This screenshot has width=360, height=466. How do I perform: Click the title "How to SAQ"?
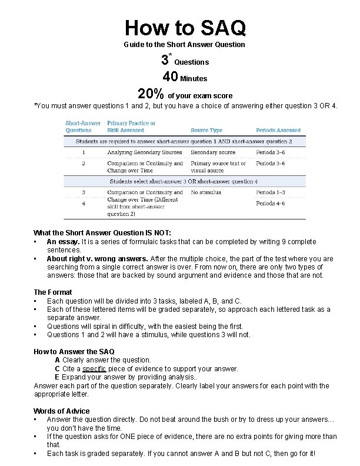click(x=185, y=27)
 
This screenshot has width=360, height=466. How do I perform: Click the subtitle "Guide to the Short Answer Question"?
click(x=184, y=45)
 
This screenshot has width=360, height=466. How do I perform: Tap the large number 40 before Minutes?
click(x=171, y=77)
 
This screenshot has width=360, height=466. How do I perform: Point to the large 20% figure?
click(x=151, y=95)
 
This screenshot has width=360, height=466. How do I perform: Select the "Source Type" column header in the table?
click(x=206, y=130)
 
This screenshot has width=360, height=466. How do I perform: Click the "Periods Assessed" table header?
click(x=278, y=130)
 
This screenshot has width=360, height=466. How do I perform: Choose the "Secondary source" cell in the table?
click(x=213, y=152)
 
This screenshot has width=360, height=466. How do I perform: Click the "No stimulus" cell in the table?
click(x=204, y=192)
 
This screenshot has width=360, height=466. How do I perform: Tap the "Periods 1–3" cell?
click(x=271, y=192)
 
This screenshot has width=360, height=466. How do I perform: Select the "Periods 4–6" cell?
click(x=271, y=204)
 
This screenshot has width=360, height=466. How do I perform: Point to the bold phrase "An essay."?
click(x=63, y=242)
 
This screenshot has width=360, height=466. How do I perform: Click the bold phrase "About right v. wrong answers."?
click(x=98, y=258)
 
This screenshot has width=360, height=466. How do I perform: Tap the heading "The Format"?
click(x=53, y=292)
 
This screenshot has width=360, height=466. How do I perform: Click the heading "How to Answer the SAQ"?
click(x=74, y=351)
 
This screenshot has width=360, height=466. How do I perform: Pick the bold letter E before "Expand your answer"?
click(x=57, y=377)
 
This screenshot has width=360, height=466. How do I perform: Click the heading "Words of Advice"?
click(x=62, y=411)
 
